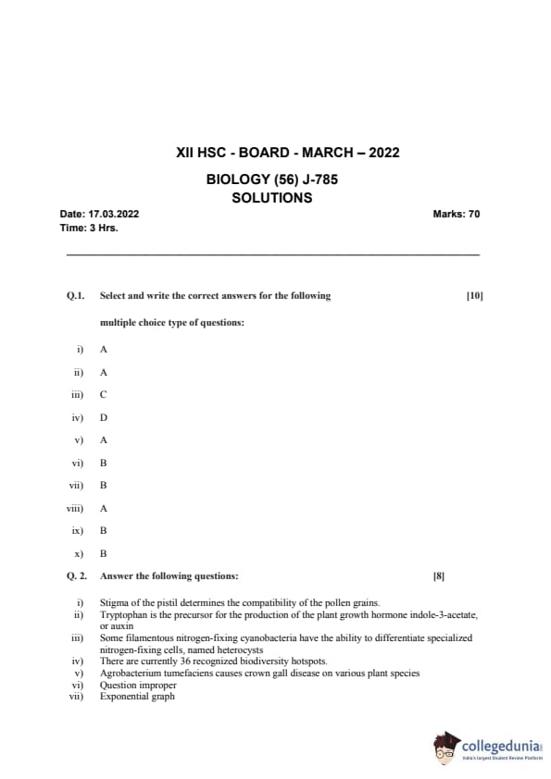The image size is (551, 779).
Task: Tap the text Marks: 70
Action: (456, 215)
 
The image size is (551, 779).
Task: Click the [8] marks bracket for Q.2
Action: (439, 575)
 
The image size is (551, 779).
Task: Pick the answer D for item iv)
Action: (104, 417)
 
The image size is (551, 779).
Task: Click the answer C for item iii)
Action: (104, 394)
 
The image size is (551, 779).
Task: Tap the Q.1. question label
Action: (75, 296)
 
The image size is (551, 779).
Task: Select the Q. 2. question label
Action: (77, 575)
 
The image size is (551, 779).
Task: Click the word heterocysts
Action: (237, 649)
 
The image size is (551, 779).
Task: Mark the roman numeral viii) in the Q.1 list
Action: (74, 508)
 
